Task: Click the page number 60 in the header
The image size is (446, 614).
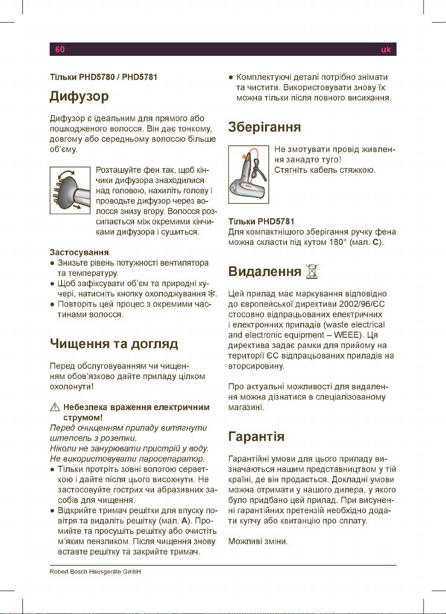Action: (60, 49)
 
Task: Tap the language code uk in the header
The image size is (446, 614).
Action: (385, 49)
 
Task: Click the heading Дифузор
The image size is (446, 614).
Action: (80, 97)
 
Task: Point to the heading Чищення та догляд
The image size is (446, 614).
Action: (114, 344)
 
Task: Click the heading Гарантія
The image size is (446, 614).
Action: (257, 436)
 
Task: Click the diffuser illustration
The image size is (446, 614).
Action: (70, 190)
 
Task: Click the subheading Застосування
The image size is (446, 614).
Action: (79, 252)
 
